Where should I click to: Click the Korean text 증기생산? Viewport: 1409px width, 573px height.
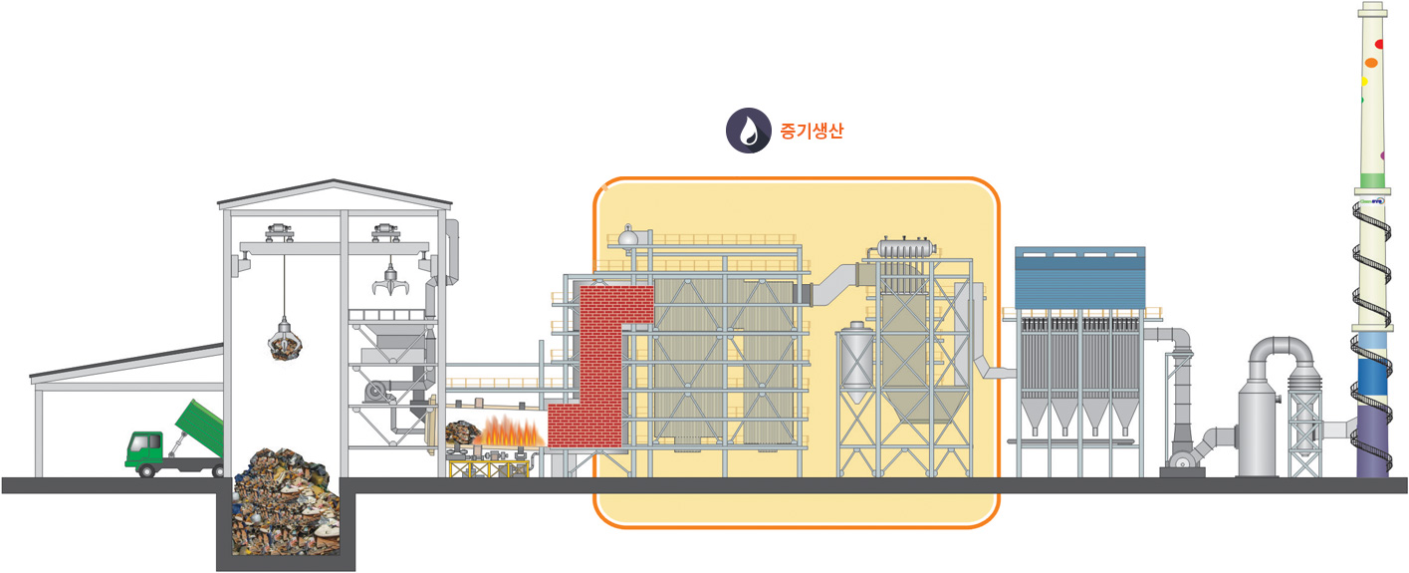(x=812, y=131)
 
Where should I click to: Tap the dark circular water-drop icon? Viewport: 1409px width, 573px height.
(x=749, y=131)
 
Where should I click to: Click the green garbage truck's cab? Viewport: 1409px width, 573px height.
(x=146, y=449)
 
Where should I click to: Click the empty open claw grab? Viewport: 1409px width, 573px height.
(x=390, y=282)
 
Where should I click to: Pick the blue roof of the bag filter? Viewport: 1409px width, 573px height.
(x=1080, y=278)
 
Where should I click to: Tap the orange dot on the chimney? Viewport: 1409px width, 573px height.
(x=1371, y=63)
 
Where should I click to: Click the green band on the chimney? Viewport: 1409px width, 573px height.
(x=1372, y=181)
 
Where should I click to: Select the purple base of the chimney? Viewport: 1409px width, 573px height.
(x=1372, y=440)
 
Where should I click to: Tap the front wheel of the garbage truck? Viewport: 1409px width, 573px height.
(x=146, y=470)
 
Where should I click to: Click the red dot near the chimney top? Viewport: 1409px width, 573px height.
(x=1379, y=44)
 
